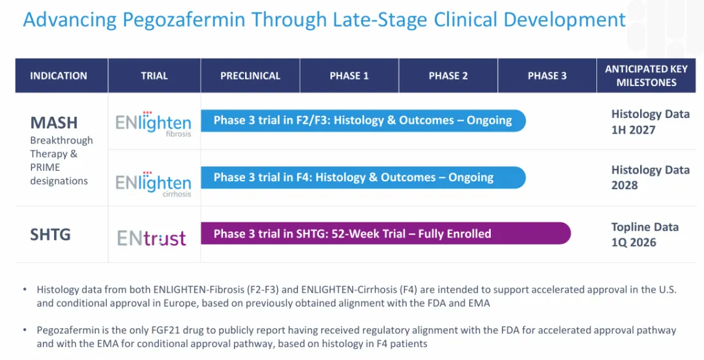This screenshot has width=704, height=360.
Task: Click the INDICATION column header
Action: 59,76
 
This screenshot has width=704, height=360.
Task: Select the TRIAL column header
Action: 154,76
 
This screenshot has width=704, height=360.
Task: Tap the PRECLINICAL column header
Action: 250,76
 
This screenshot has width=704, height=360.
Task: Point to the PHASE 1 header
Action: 349,76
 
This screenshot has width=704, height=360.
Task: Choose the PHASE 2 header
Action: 448,76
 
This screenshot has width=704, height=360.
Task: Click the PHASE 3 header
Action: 547,76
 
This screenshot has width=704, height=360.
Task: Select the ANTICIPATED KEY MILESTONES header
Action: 646,76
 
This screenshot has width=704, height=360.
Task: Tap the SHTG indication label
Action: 50,235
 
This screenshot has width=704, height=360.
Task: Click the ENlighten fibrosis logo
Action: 153,124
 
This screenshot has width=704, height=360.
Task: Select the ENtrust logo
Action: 151,238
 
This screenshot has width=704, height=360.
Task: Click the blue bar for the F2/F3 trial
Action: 363,121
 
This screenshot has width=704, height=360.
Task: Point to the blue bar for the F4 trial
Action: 363,177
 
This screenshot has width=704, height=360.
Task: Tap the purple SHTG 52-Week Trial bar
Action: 385,233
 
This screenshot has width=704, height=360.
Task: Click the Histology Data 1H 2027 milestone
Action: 650,122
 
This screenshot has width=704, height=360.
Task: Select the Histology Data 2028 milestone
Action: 650,177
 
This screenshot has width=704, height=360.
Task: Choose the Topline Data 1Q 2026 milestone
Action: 645,235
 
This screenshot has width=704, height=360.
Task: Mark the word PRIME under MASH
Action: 45,167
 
